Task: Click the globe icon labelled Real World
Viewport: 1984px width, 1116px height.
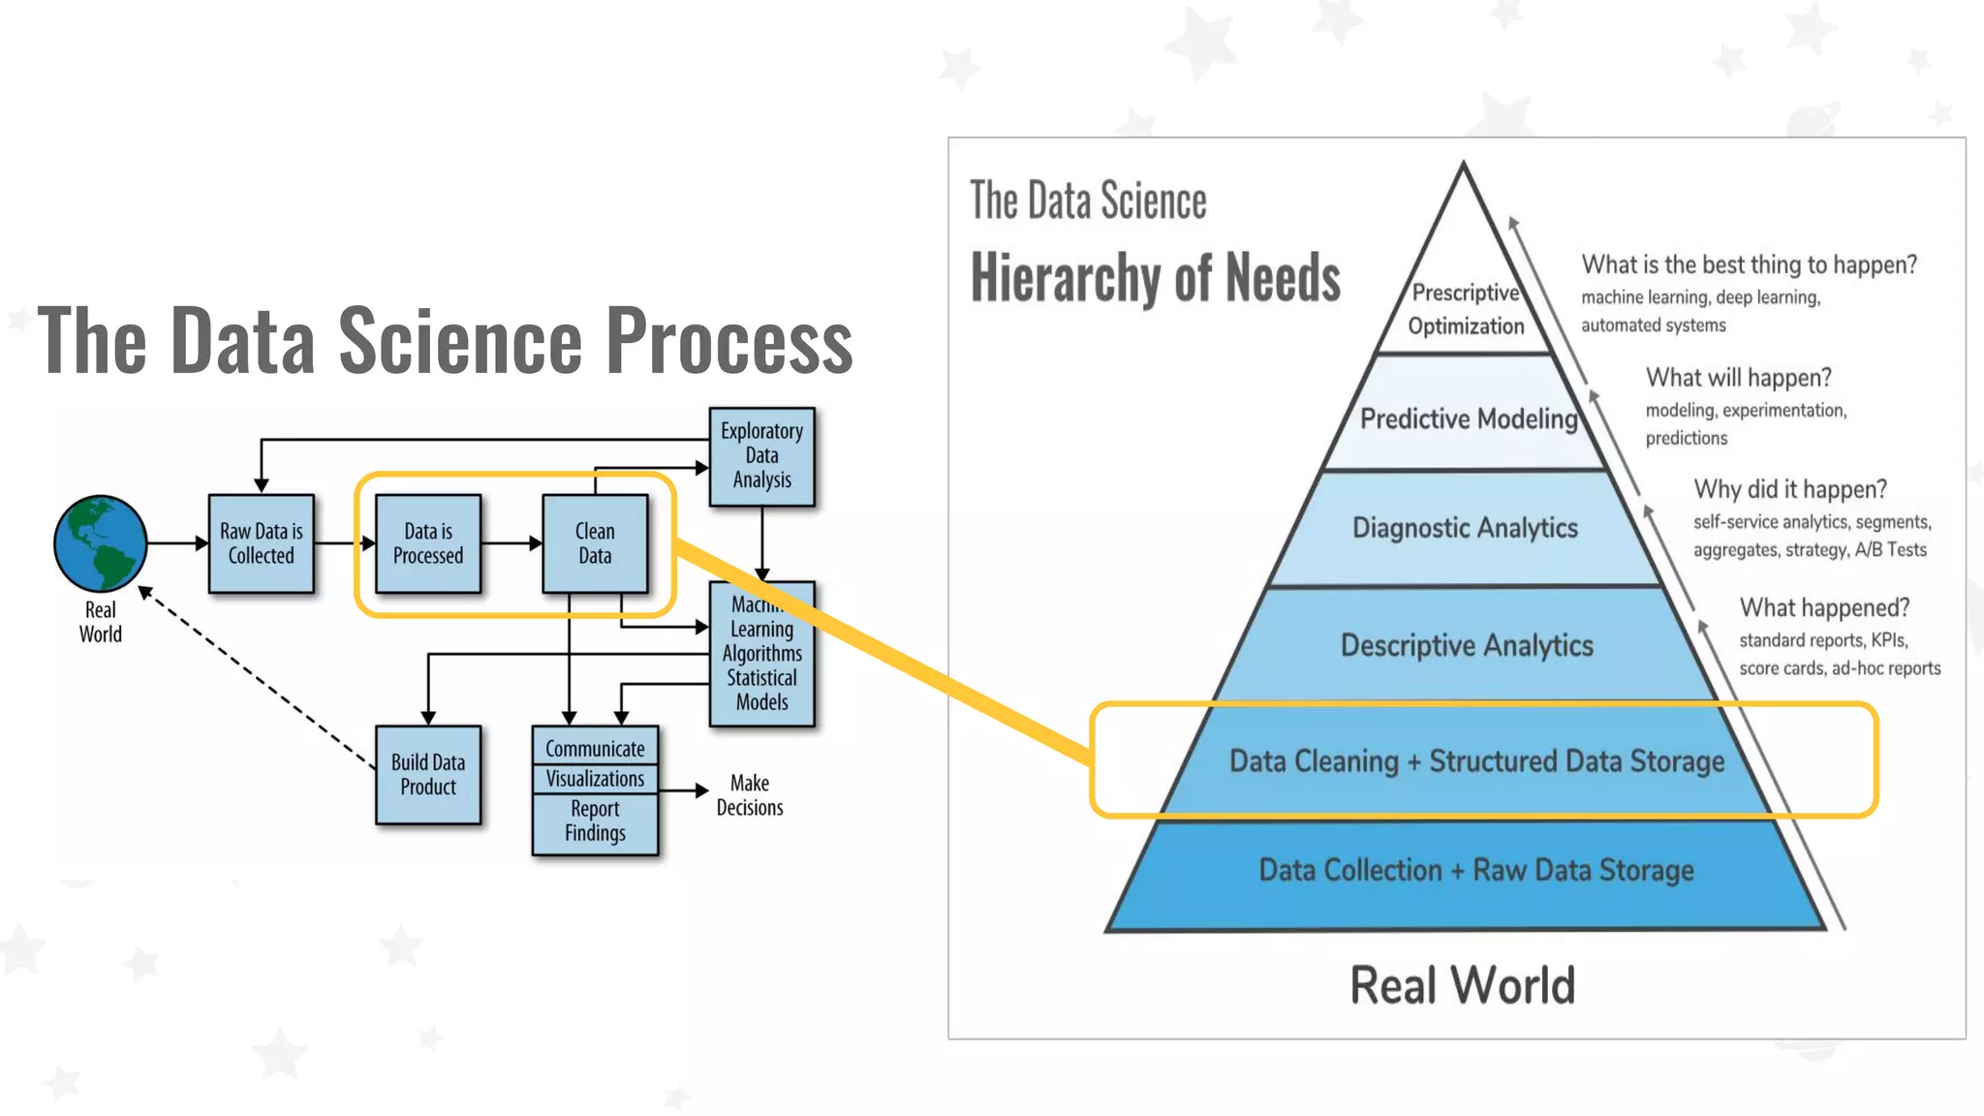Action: point(101,543)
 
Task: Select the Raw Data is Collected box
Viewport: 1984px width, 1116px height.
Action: point(262,543)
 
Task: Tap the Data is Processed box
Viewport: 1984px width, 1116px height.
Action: point(428,543)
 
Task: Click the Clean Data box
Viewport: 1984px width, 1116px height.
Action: point(595,543)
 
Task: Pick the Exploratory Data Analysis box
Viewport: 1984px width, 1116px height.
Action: point(761,456)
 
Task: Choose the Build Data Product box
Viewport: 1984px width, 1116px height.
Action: point(428,775)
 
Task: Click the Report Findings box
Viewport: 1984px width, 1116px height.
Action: point(595,821)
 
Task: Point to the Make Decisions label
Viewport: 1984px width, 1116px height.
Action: point(750,795)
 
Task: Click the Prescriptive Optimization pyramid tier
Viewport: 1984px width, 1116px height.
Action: point(1466,309)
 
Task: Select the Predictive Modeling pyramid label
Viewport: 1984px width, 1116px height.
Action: point(1469,418)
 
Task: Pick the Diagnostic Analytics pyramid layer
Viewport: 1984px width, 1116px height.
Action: point(1465,528)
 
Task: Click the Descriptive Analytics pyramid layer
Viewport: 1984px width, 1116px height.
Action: point(1467,645)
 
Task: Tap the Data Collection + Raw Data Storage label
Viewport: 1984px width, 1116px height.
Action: point(1476,870)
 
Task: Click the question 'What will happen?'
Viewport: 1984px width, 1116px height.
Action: point(1739,378)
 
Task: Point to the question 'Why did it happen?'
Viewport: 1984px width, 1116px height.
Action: point(1790,489)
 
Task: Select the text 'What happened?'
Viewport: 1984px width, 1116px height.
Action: point(1824,607)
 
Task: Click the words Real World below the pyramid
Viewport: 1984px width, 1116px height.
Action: point(1463,985)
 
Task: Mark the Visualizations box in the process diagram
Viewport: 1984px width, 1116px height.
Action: point(595,779)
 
